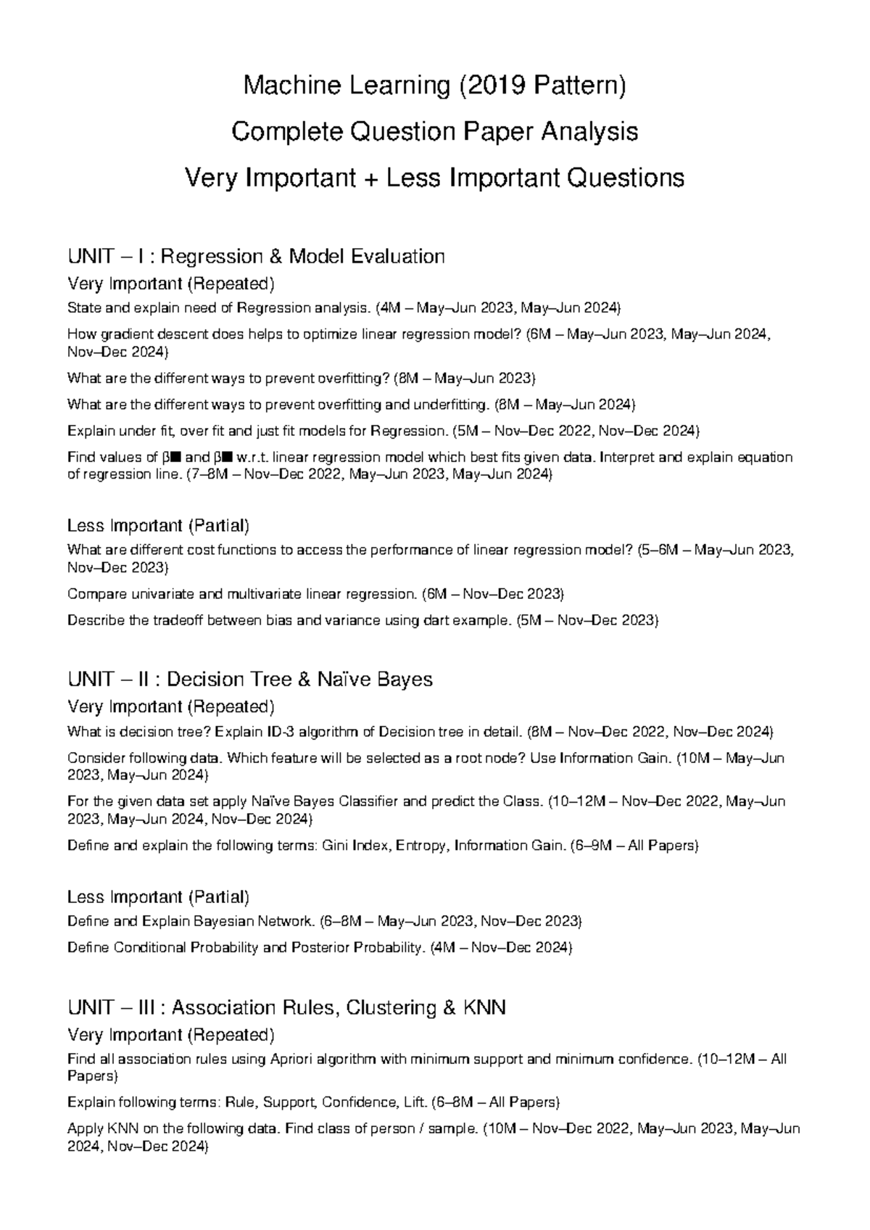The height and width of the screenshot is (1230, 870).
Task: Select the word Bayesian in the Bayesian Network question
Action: point(225,922)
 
